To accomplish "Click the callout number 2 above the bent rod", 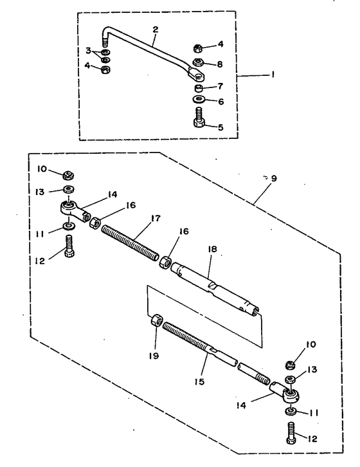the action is click(x=156, y=30).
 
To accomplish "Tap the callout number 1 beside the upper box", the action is click(x=272, y=74).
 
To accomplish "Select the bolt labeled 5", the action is click(x=198, y=117).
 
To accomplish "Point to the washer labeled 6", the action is click(x=198, y=98).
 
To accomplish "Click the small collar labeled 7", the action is click(x=198, y=88).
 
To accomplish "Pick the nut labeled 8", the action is click(x=198, y=62).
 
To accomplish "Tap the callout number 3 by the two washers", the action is click(x=89, y=51).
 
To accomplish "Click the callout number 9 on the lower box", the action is click(x=274, y=178).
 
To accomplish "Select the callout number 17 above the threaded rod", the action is click(x=156, y=218).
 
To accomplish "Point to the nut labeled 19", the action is click(x=157, y=322).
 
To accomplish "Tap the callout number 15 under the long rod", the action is click(x=199, y=381).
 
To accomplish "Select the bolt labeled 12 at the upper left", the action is click(x=69, y=246).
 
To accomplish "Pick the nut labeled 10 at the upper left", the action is click(x=69, y=176).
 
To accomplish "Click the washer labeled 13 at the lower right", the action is click(x=291, y=379).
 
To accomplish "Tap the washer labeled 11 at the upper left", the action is click(x=69, y=226).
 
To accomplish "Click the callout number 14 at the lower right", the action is click(x=241, y=405).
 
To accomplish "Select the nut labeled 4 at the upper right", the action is click(x=198, y=48).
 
